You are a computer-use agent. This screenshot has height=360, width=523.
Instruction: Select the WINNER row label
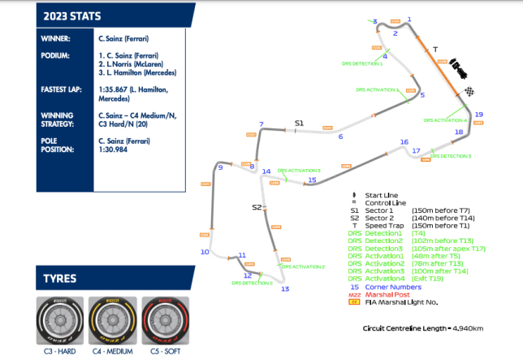point(57,38)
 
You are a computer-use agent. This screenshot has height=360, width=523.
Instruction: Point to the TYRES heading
point(61,280)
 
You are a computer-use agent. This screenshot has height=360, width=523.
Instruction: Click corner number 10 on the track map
point(205,253)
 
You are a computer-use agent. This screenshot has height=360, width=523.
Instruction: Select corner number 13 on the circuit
point(284,288)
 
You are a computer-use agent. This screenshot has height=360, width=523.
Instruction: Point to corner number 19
point(479,115)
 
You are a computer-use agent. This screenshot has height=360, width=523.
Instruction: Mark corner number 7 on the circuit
point(261,124)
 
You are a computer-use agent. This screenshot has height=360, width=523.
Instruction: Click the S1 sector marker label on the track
point(299,123)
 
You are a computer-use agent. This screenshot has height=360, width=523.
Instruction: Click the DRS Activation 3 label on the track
point(299,171)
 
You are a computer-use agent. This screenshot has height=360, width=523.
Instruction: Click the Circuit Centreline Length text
point(423,328)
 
